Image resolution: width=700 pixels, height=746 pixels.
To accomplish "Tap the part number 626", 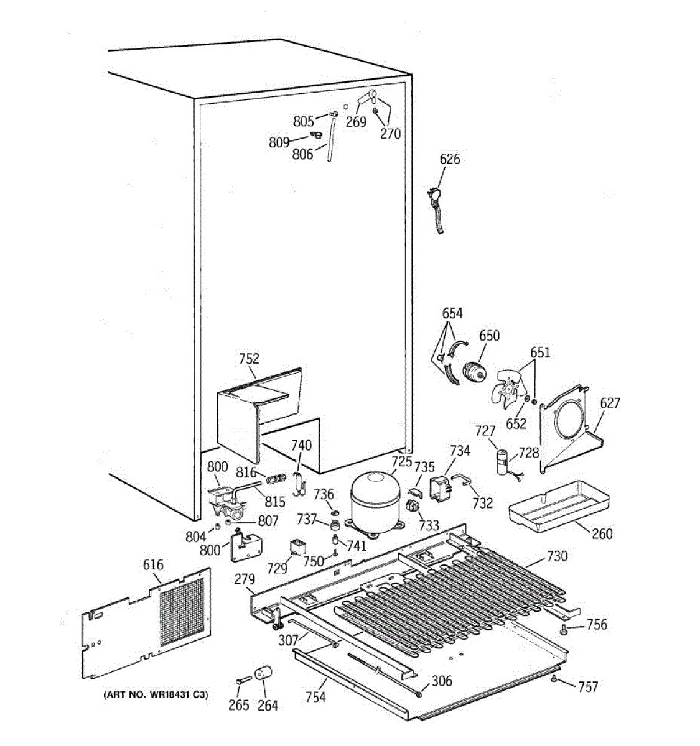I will (x=449, y=159).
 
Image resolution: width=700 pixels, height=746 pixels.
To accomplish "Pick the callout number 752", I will (x=249, y=359).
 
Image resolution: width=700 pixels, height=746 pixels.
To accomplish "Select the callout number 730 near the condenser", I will (x=557, y=556).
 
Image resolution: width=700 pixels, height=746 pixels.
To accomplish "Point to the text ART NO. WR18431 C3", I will (x=155, y=694).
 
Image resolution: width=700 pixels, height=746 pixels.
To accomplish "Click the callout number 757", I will (x=587, y=686).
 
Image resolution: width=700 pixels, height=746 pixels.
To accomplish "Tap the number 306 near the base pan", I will (x=442, y=681).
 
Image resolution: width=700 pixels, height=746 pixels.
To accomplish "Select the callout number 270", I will (x=390, y=133).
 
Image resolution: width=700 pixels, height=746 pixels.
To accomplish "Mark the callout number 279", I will (x=245, y=579).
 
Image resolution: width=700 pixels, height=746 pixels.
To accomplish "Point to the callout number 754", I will (x=315, y=698).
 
